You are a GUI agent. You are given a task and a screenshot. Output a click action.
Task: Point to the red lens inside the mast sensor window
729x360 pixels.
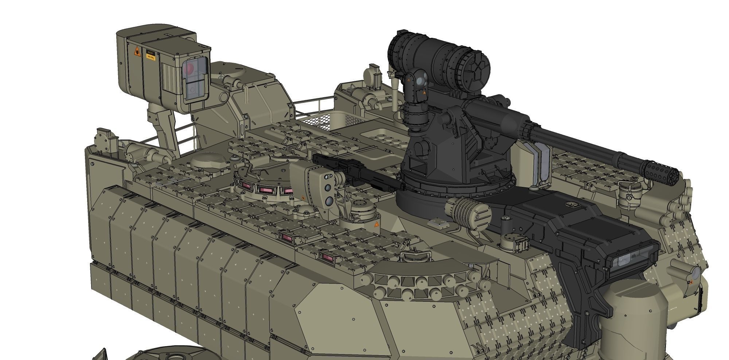(190, 68)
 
